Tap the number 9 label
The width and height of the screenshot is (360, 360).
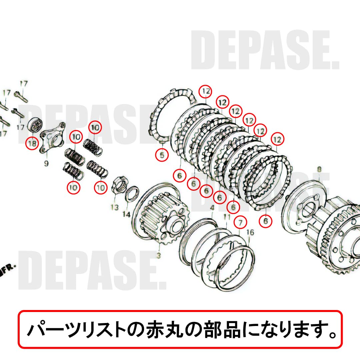click(46, 163)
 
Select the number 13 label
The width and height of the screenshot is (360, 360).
click(115, 207)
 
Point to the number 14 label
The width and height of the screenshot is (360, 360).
click(126, 214)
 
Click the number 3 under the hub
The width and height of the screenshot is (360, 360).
click(159, 256)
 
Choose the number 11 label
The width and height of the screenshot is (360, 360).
click(227, 217)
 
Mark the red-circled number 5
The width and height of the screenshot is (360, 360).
click(162, 155)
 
